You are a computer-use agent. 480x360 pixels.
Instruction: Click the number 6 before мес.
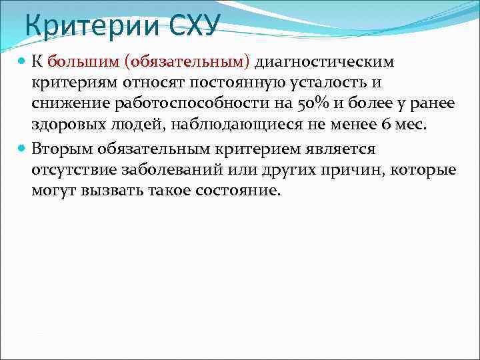tap(383, 126)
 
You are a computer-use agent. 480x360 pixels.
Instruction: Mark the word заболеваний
tap(169, 169)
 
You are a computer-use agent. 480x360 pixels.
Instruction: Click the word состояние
tap(239, 191)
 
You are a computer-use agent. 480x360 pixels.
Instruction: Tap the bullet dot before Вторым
tap(21, 148)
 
